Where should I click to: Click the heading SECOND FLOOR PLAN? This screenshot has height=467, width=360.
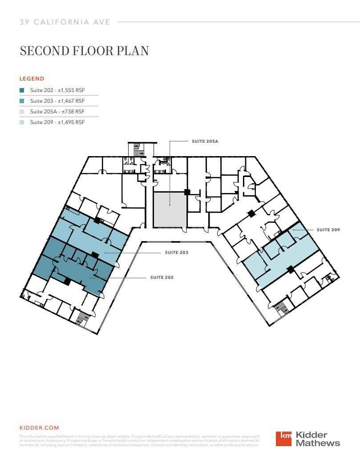pos(84,51)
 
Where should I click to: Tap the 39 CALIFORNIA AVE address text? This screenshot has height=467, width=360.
pos(65,22)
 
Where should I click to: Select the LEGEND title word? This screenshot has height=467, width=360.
pos(32,79)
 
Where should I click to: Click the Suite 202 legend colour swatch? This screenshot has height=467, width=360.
pos(22,90)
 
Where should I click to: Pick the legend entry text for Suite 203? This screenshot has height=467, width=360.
pos(57,101)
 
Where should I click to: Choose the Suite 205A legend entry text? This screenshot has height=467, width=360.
pos(57,112)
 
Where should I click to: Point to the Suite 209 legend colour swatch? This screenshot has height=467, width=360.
pos(22,122)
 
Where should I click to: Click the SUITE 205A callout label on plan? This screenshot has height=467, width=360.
pos(205,141)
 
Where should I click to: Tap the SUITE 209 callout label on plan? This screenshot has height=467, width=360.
pos(328,230)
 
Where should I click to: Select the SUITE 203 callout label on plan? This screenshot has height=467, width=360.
pos(177,253)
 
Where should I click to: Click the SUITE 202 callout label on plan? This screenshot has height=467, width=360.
pos(162,278)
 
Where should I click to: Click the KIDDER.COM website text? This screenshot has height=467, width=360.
pos(39,428)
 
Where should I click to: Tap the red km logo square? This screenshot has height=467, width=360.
pos(284,439)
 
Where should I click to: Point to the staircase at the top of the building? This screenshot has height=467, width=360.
pos(136,149)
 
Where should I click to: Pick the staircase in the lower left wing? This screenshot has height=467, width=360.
pos(83,318)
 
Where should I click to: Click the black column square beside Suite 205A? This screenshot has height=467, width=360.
pos(187,192)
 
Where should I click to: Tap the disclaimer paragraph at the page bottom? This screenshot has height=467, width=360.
pos(139,440)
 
